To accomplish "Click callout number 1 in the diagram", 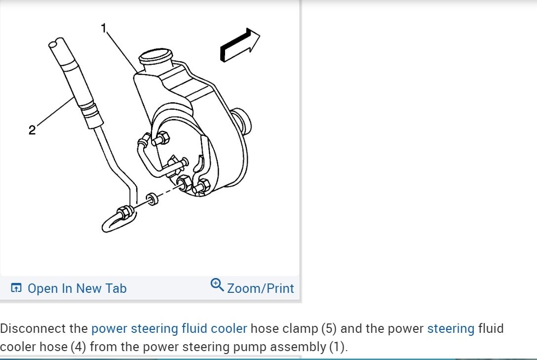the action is tap(104, 28).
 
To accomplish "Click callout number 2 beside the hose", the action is tap(32, 130).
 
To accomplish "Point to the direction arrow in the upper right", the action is tap(240, 45).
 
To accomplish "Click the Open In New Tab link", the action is tap(77, 288).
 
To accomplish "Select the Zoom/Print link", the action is tap(260, 288).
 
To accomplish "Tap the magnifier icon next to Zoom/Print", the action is tap(217, 284).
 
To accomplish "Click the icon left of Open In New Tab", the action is tap(16, 288).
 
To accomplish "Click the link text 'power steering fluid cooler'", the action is tap(169, 328).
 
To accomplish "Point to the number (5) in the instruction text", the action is tap(329, 328).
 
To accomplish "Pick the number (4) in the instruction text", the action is tap(78, 347).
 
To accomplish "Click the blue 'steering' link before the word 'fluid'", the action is tap(451, 328).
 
